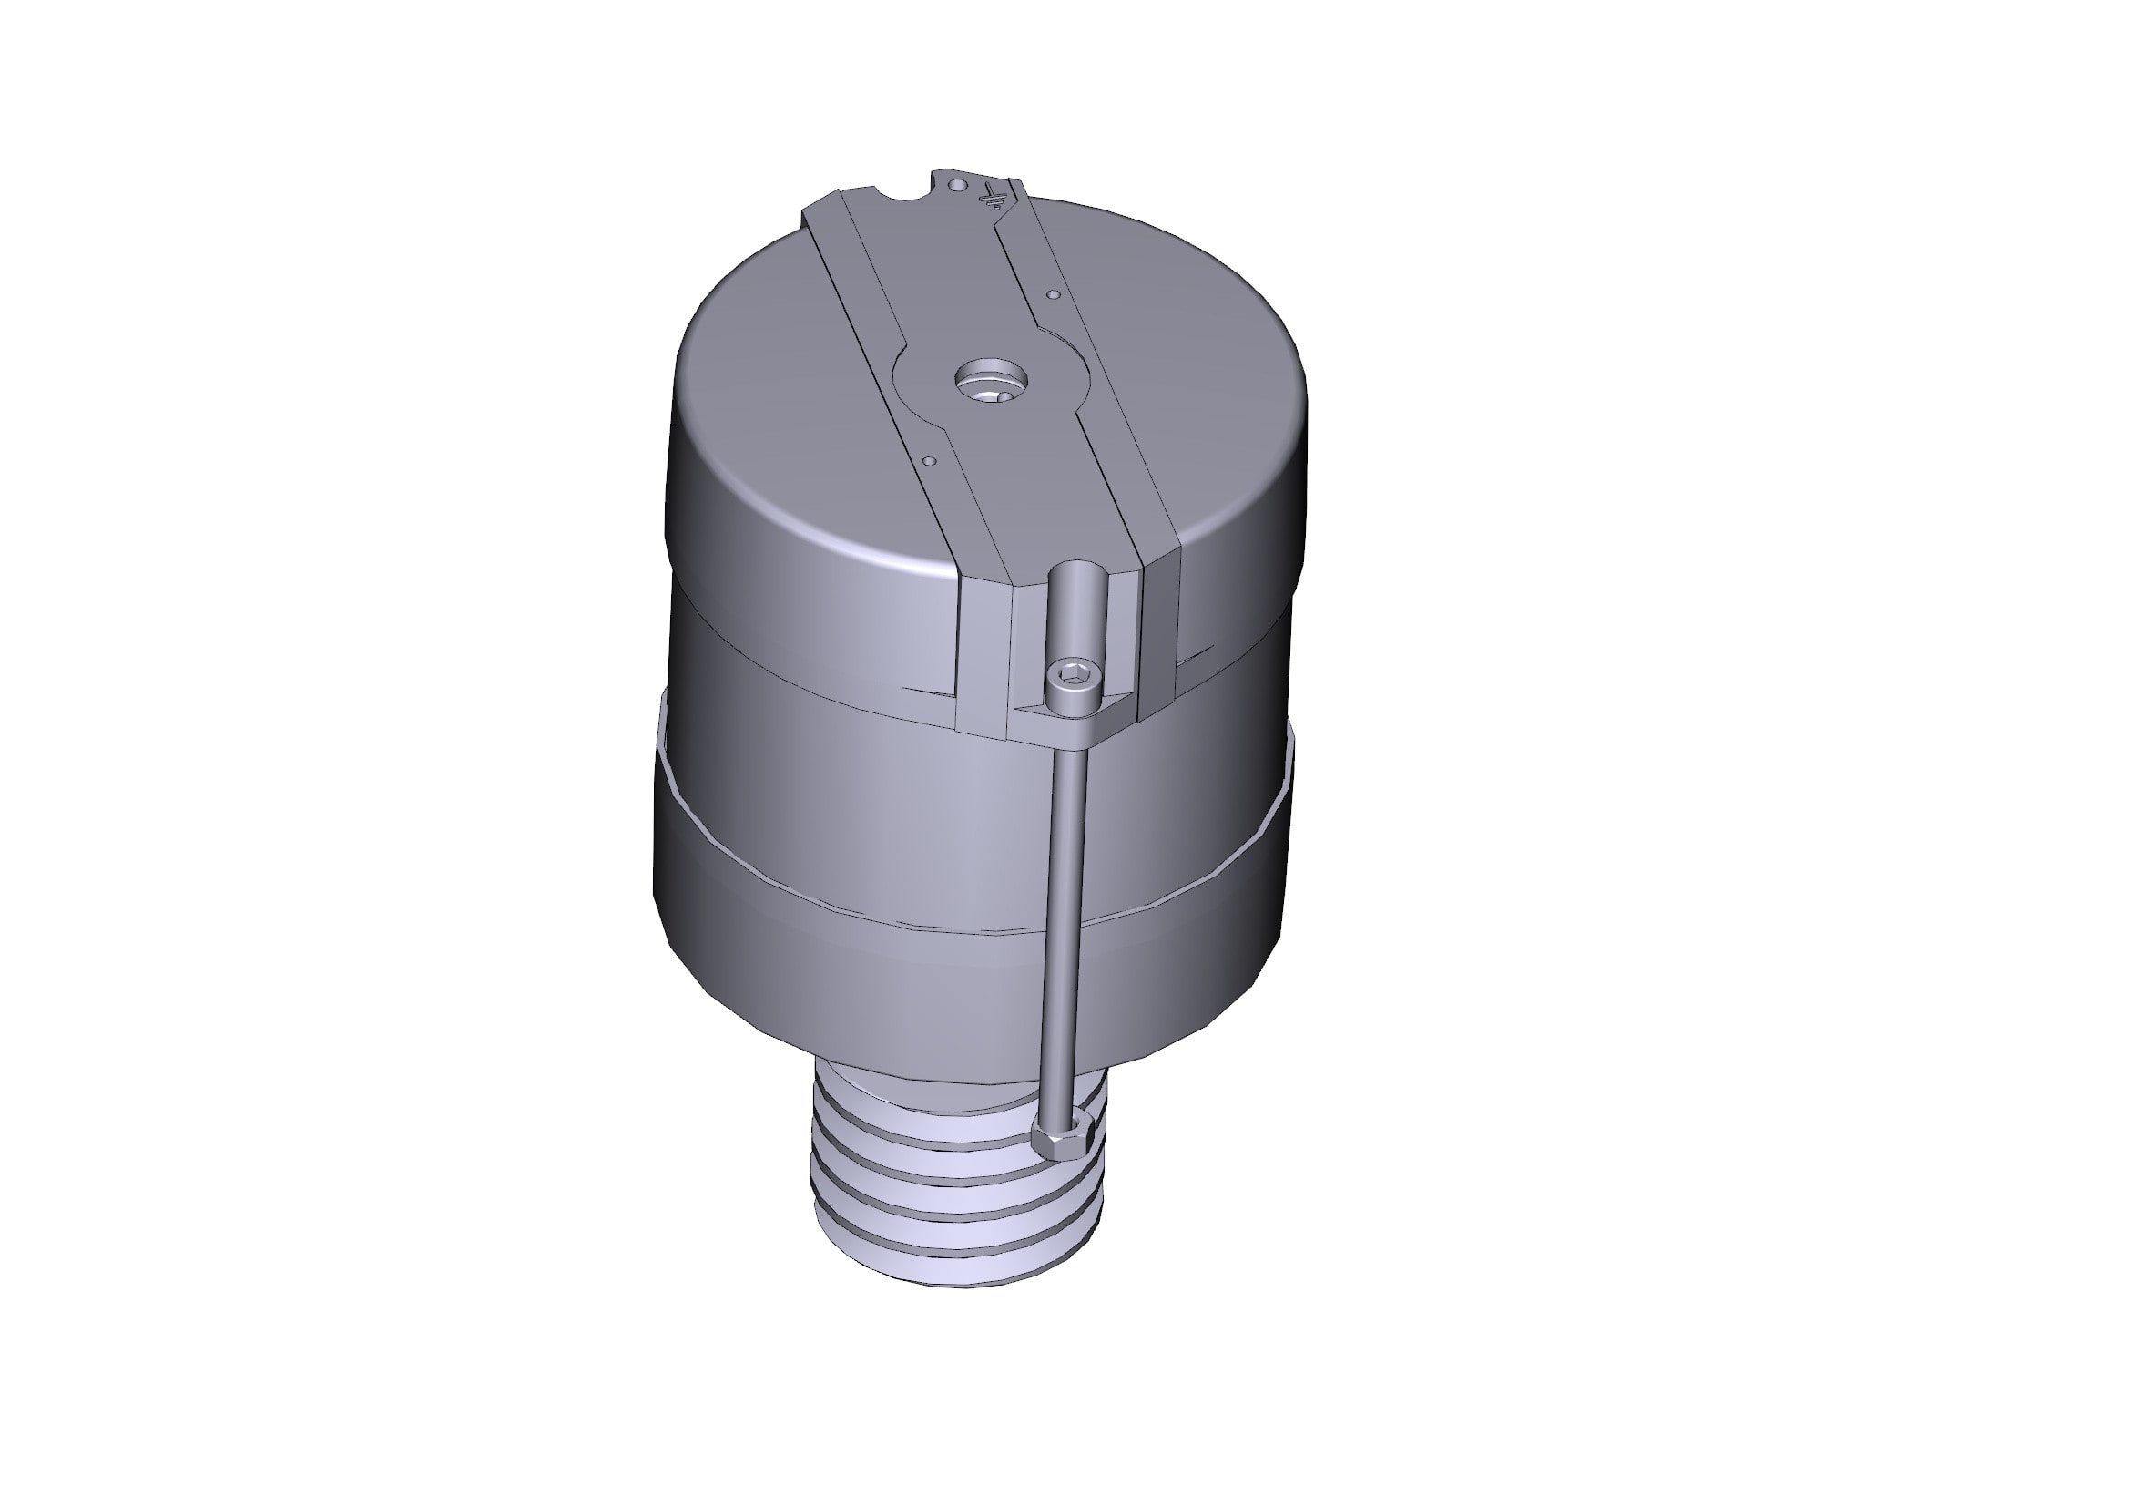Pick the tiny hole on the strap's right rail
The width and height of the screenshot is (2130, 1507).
pos(1052,294)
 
